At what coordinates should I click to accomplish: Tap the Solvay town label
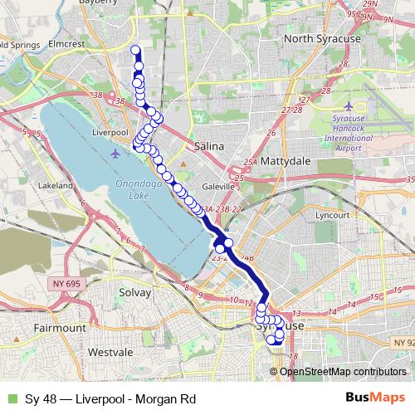tap(136, 293)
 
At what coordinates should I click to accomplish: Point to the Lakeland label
tap(56, 186)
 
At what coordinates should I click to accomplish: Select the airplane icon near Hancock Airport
tap(348, 106)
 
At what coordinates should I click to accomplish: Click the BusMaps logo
tap(373, 398)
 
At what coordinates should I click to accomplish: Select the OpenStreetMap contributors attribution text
tap(343, 371)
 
